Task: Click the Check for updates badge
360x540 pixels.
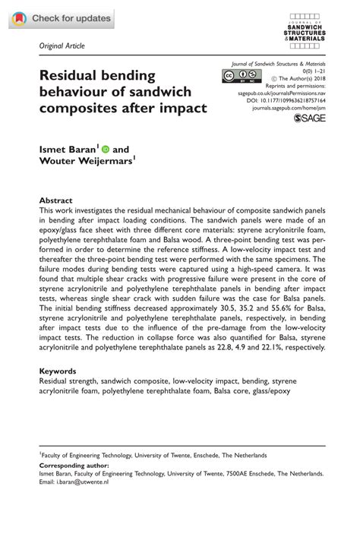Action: pos(61,18)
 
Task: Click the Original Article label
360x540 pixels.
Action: pos(62,46)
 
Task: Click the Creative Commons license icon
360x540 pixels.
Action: pos(240,75)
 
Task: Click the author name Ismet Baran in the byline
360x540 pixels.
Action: pos(69,150)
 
